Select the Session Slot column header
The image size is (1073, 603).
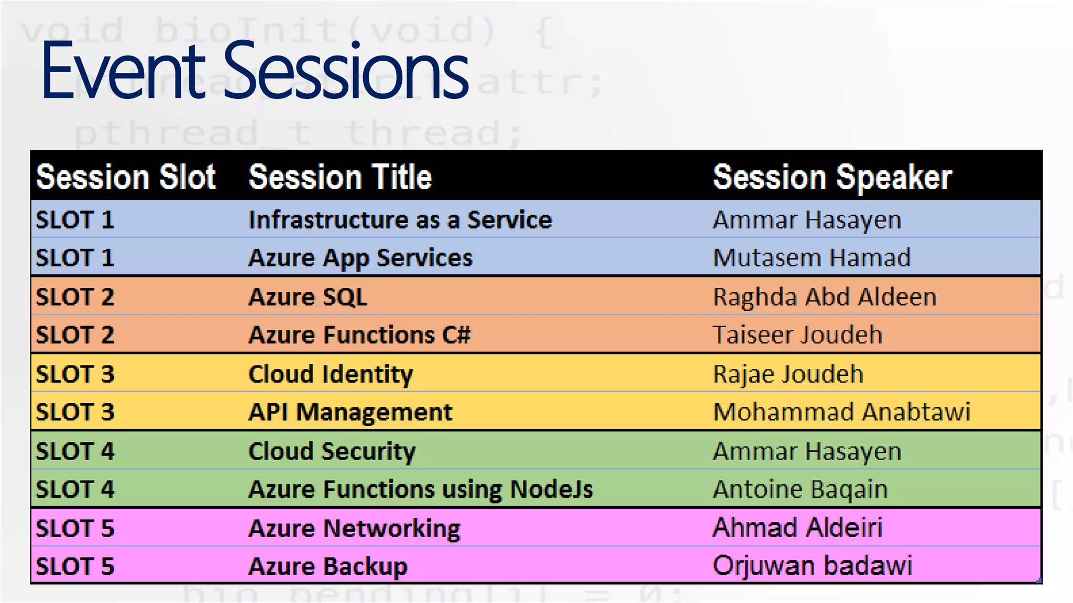[x=126, y=177]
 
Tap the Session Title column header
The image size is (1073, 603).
[x=340, y=177]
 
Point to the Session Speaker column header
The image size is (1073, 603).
[x=832, y=177]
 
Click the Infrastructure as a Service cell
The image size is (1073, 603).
[x=400, y=220]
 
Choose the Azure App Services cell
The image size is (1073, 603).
[x=360, y=258]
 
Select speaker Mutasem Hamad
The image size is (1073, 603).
[x=812, y=258]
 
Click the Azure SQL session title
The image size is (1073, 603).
[x=308, y=297]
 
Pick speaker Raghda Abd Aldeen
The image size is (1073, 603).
[x=825, y=297]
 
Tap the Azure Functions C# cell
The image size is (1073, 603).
[x=359, y=335]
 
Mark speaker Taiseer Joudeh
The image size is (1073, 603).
[x=797, y=335]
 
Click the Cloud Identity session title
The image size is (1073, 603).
[x=331, y=374]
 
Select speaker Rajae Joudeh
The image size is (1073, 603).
[x=788, y=374]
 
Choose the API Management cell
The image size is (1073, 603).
[x=350, y=412]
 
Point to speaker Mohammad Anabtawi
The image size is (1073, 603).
[x=841, y=412]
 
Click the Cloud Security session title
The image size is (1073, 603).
[x=332, y=451]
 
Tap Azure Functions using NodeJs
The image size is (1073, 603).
[x=421, y=489]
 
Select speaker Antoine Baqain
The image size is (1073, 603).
[x=800, y=489]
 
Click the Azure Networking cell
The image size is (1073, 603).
[x=354, y=528]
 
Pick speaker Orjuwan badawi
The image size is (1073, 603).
[x=812, y=566]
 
